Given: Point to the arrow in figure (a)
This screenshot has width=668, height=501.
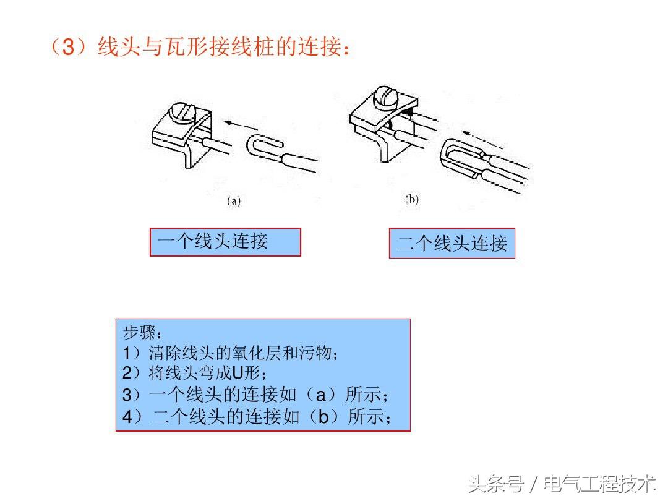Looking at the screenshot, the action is pyautogui.click(x=241, y=125).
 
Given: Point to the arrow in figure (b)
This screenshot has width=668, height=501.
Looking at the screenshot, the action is pyautogui.click(x=482, y=140).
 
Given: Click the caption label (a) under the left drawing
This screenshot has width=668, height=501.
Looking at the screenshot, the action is pyautogui.click(x=234, y=200).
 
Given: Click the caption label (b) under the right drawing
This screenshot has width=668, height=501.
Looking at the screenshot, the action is pyautogui.click(x=411, y=199).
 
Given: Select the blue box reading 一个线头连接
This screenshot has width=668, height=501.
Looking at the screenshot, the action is pyautogui.click(x=225, y=242).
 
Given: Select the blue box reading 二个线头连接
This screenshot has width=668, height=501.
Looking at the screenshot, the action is pyautogui.click(x=452, y=243).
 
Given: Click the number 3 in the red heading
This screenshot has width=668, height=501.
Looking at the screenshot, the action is pyautogui.click(x=69, y=46).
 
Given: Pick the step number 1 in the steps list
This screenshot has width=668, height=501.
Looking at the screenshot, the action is pyautogui.click(x=127, y=353).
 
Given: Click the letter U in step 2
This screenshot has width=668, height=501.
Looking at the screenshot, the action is pyautogui.click(x=237, y=373).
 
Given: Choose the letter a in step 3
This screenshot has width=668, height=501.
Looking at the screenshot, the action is pyautogui.click(x=321, y=395).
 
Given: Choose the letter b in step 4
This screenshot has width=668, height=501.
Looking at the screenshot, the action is pyautogui.click(x=323, y=416).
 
